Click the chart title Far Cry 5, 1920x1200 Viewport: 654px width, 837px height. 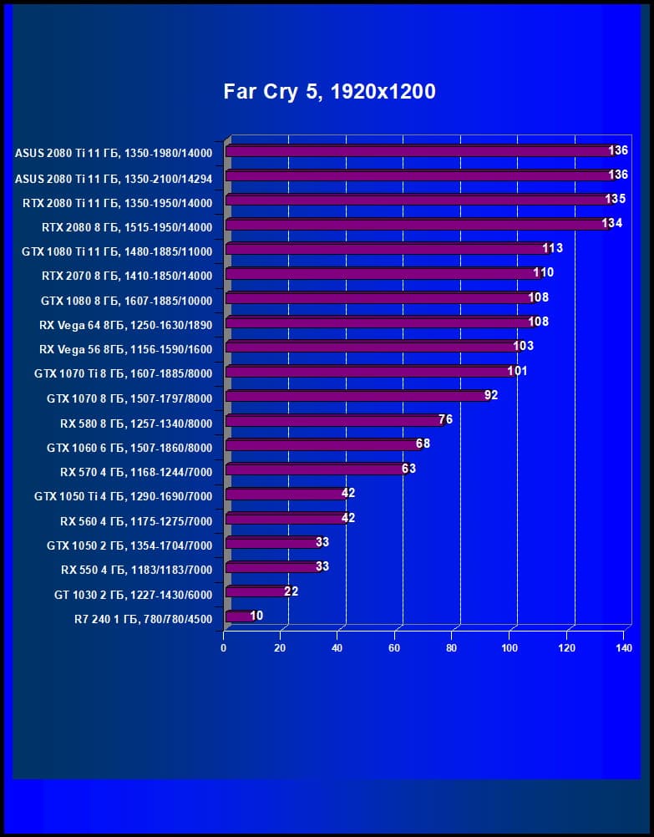point(329,91)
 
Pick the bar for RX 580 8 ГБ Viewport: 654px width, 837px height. point(334,420)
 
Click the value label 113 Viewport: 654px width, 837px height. point(552,248)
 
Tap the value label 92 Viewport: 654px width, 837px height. point(491,395)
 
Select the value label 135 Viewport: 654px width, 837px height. point(616,199)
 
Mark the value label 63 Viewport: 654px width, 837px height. point(408,469)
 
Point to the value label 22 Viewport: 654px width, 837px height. point(291,591)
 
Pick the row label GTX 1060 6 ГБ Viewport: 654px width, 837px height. point(129,448)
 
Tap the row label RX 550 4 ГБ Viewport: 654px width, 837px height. point(136,570)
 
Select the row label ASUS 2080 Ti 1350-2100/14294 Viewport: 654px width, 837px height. point(114,178)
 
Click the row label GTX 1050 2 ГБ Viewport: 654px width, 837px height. point(129,545)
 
